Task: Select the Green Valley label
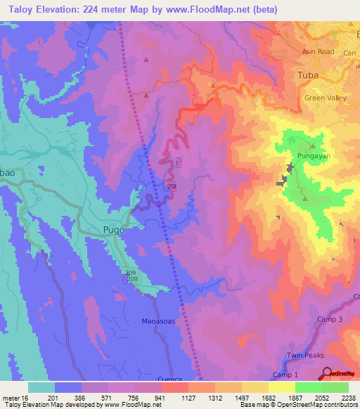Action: point(325,98)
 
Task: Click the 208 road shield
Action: point(172,186)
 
